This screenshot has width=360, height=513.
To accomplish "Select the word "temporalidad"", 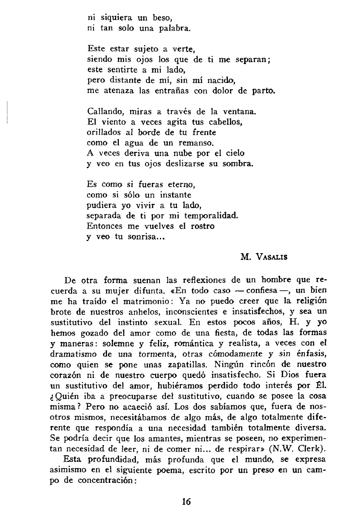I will click(x=207, y=215).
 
